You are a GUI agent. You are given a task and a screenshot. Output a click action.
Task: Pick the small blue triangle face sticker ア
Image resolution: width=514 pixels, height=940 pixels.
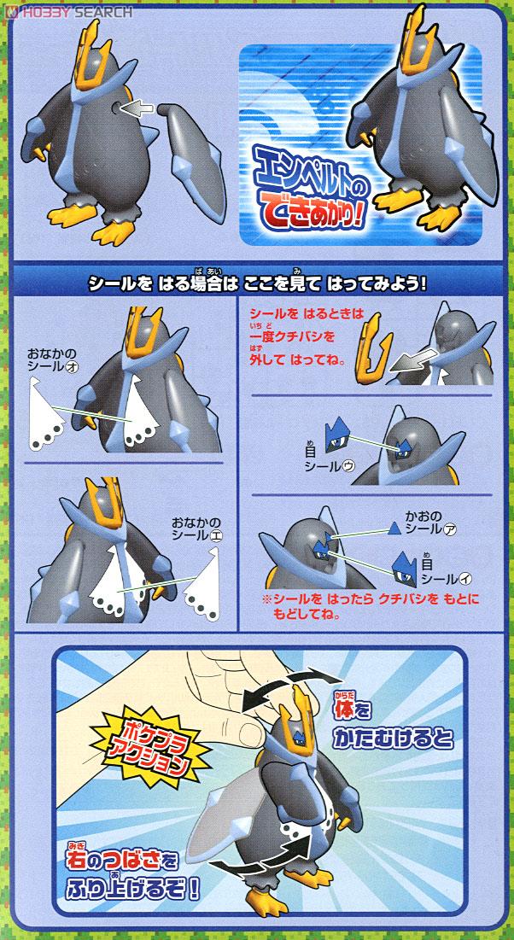tap(394, 528)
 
